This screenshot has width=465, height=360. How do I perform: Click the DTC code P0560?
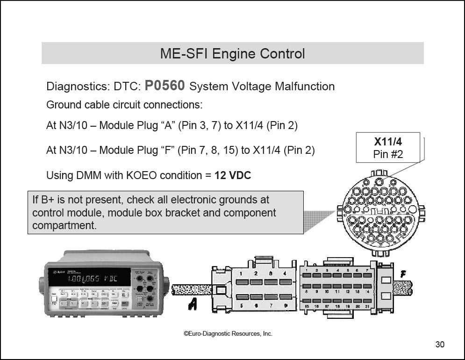[165, 86]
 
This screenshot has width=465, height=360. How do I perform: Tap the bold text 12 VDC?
[233, 176]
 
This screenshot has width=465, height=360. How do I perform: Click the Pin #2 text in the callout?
[388, 154]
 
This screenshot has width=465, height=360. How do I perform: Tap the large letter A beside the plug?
[192, 304]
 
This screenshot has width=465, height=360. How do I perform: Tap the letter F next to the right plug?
[403, 274]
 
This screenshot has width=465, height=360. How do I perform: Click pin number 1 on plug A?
[241, 274]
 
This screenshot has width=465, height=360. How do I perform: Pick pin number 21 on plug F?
[367, 307]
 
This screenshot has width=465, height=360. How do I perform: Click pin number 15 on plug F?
[307, 307]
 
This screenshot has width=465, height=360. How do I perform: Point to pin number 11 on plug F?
[337, 292]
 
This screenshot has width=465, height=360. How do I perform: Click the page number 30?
[440, 345]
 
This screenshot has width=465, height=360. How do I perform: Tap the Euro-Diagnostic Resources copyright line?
[228, 333]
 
